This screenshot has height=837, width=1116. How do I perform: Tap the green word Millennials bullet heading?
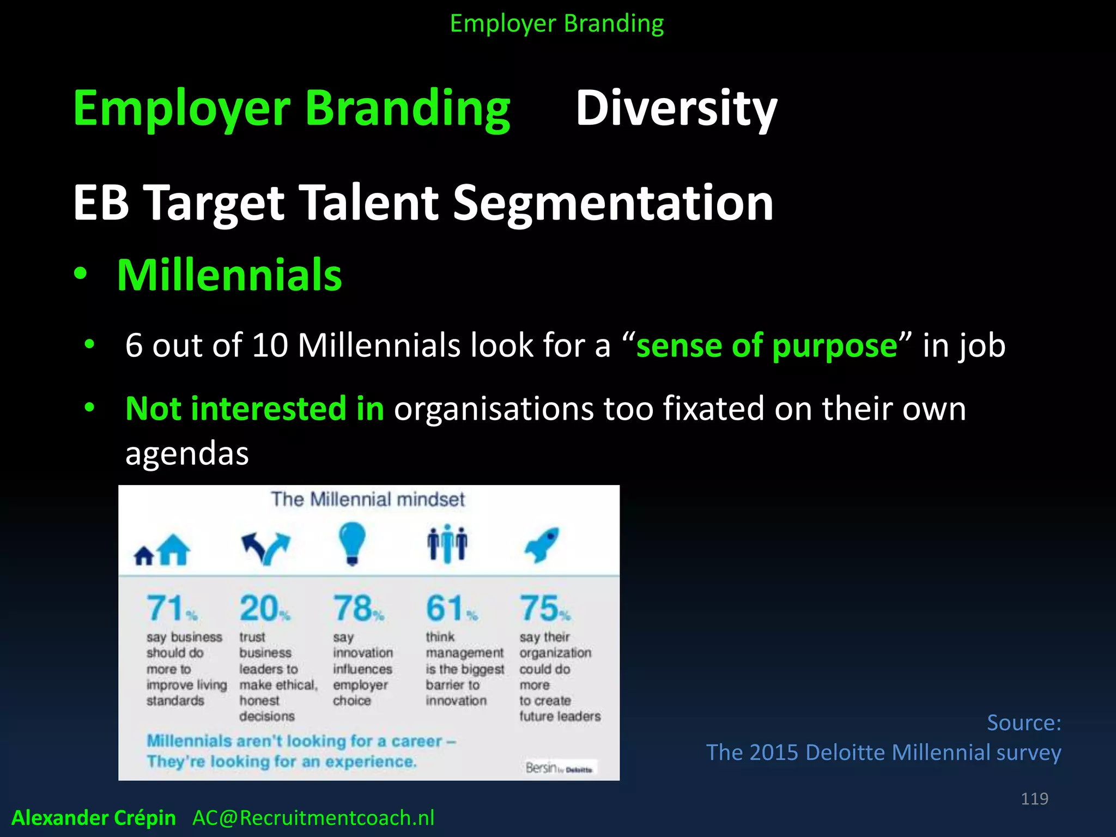229,275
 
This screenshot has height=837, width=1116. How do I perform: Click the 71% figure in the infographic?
171,608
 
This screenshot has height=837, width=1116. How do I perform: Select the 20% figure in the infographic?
264,608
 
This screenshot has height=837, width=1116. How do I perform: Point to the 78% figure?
358,608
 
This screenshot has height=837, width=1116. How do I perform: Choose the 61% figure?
451,608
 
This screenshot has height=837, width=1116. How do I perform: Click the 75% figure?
544,608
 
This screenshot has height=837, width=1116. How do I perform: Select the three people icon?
447,543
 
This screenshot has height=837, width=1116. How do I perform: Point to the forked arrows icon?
265,547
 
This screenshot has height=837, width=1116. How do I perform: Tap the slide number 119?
1034,799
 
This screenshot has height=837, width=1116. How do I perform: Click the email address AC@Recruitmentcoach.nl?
313,818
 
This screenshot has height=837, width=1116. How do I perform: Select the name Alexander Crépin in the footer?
94,818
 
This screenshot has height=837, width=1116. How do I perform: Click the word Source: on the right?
1023,723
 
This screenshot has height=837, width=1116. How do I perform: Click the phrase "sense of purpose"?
766,345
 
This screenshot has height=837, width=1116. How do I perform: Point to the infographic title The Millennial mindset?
368,499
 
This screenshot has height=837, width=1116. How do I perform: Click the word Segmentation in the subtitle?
613,203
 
